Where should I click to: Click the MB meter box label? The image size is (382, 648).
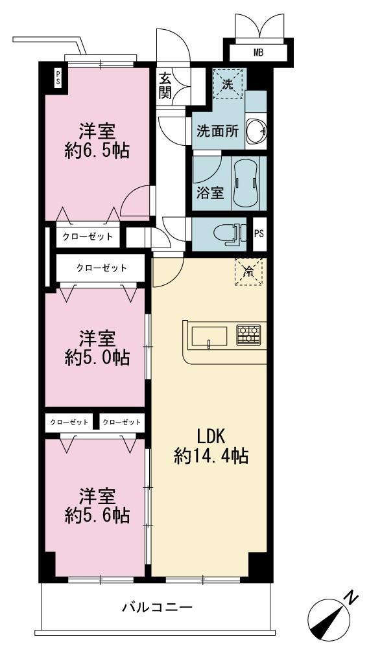pos(258,52)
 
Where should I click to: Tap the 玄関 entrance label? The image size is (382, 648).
pos(165,86)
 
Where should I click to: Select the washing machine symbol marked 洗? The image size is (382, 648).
pos(228,84)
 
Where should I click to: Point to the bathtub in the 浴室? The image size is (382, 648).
pos(246,183)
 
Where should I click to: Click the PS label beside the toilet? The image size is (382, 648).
pos(259,233)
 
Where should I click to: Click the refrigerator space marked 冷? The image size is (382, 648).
pos(248,271)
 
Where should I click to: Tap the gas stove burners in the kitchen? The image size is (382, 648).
pos(248,335)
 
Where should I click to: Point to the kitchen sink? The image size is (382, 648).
pos(209,337)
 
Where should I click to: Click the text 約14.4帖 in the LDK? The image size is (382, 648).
pos(211,456)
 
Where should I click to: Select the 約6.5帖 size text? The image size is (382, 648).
pos(97,151)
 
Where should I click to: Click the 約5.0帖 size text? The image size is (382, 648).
pos(97,358)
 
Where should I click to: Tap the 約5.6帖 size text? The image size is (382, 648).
pos(97,515)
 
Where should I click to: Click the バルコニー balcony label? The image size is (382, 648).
pos(158,608)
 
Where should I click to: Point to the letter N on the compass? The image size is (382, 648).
pos(351,597)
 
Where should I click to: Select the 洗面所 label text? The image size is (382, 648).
pos(217,132)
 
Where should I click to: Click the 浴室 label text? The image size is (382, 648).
pos(210,193)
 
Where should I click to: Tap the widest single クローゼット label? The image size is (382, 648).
pos(102,268)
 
